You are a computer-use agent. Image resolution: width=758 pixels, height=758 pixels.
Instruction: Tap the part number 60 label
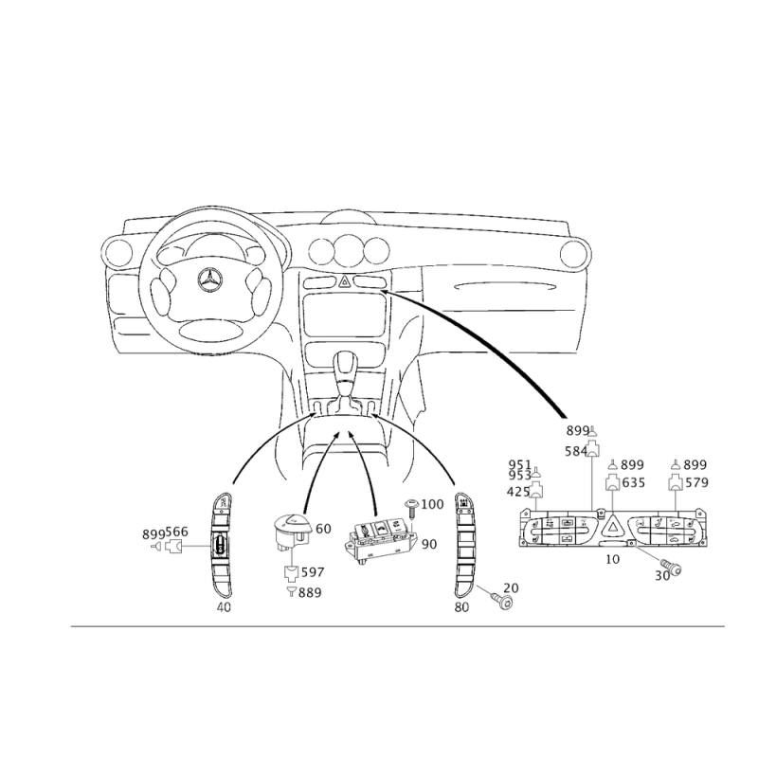pos(323,529)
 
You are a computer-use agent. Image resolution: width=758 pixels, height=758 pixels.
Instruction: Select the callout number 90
pos(429,544)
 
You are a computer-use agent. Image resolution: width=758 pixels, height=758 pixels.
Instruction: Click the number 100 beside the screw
pos(432,504)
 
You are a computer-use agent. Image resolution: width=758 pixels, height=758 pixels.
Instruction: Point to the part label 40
pos(224,607)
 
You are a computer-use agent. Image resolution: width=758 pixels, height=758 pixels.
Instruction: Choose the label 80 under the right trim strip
pos(461,607)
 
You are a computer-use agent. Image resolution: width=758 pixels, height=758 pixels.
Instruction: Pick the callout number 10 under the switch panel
pos(612,559)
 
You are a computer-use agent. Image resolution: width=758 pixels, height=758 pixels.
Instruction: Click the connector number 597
pos(313,572)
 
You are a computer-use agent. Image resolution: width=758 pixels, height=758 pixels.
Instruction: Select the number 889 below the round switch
pos(310,593)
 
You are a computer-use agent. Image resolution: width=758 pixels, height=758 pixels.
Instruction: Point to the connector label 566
pos(177,532)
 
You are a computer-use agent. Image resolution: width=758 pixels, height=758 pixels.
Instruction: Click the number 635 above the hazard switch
pos(634,482)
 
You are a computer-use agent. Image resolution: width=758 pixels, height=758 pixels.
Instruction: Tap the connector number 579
pos(696,482)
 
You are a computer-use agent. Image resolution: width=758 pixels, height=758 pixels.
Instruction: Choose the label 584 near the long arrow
pos(576,451)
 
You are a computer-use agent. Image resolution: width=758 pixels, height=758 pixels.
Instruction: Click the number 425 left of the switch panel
pos(518,492)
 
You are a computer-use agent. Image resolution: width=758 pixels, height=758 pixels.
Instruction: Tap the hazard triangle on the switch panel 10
pos(612,526)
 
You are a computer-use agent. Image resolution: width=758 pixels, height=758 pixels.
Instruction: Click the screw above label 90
pos(411,508)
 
